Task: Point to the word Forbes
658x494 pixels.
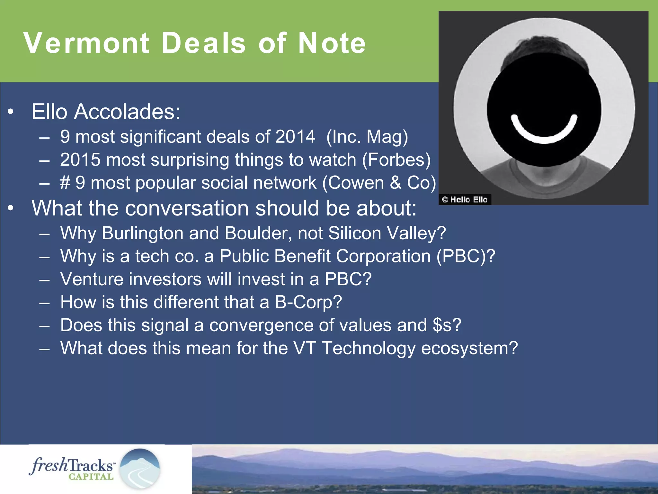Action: click(396, 160)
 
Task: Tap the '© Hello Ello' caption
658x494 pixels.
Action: click(465, 200)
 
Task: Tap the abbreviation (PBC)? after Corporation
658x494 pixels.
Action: click(466, 256)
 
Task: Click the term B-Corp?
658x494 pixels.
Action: click(308, 302)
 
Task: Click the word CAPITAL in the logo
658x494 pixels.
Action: click(91, 477)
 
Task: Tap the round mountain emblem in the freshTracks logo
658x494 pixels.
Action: click(140, 469)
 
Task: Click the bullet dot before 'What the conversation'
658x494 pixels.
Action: click(11, 208)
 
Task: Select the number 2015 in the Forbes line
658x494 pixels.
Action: click(80, 160)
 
